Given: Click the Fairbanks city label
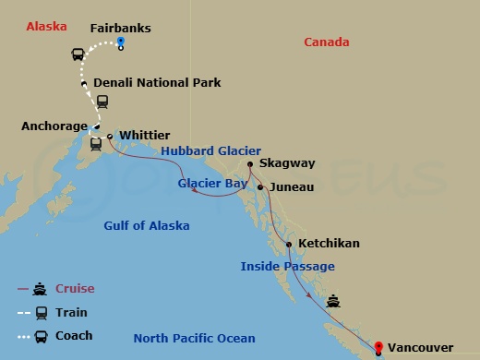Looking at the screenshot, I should tap(120, 28).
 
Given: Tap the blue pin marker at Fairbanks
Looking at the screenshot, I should tap(121, 43).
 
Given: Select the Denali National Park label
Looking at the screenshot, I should tap(157, 82).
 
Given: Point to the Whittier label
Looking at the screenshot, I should tap(145, 135).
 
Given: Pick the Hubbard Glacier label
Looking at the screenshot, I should tap(211, 151).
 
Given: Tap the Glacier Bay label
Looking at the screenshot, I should tap(211, 184).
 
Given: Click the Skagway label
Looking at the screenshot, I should tap(287, 163).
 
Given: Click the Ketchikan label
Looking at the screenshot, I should tap(329, 244).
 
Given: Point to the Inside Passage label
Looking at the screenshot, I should tap(287, 267).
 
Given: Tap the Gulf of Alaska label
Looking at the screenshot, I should tap(147, 226).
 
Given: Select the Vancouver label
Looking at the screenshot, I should tap(420, 347).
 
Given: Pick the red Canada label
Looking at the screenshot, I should tap(327, 42).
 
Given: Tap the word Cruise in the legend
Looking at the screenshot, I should tap(74, 289).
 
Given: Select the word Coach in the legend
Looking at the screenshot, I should tap(74, 336).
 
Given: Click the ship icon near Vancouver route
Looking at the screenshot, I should tap(332, 301).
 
